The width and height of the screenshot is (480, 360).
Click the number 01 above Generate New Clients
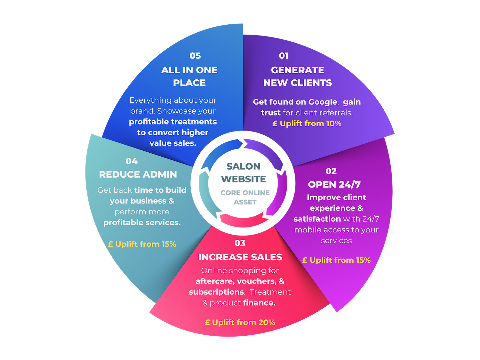point(284,56)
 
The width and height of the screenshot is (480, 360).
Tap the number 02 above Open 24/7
point(331,171)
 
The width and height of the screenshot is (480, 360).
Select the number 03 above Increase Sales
point(240,243)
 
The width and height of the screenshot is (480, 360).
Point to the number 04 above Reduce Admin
point(132,161)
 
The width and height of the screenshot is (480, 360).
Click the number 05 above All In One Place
point(195,56)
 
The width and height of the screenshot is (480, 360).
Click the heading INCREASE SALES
point(240,257)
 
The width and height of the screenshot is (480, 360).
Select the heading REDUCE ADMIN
point(138,174)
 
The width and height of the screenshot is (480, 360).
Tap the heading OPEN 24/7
point(334,184)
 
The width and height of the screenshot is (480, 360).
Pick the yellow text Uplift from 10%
point(307,124)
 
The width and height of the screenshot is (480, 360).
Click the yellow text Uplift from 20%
point(240,322)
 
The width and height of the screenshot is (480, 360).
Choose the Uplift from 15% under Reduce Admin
point(142,244)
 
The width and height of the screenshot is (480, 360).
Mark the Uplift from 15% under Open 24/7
point(336,260)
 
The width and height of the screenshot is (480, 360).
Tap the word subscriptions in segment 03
point(216,292)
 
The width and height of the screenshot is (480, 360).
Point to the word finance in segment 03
point(259,303)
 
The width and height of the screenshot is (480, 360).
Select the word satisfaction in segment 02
point(317,219)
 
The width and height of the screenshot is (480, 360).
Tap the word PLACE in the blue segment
point(189,83)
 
